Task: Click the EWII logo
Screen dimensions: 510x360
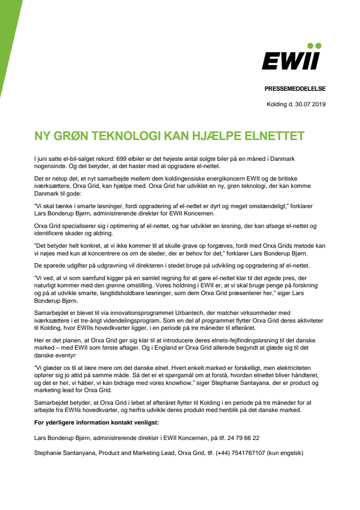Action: click(x=291, y=61)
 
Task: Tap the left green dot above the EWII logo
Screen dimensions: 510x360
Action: click(x=311, y=46)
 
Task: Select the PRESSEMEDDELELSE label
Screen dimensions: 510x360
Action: click(x=295, y=88)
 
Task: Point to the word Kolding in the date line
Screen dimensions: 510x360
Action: click(x=277, y=104)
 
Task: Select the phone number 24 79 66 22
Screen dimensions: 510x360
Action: click(x=243, y=438)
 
